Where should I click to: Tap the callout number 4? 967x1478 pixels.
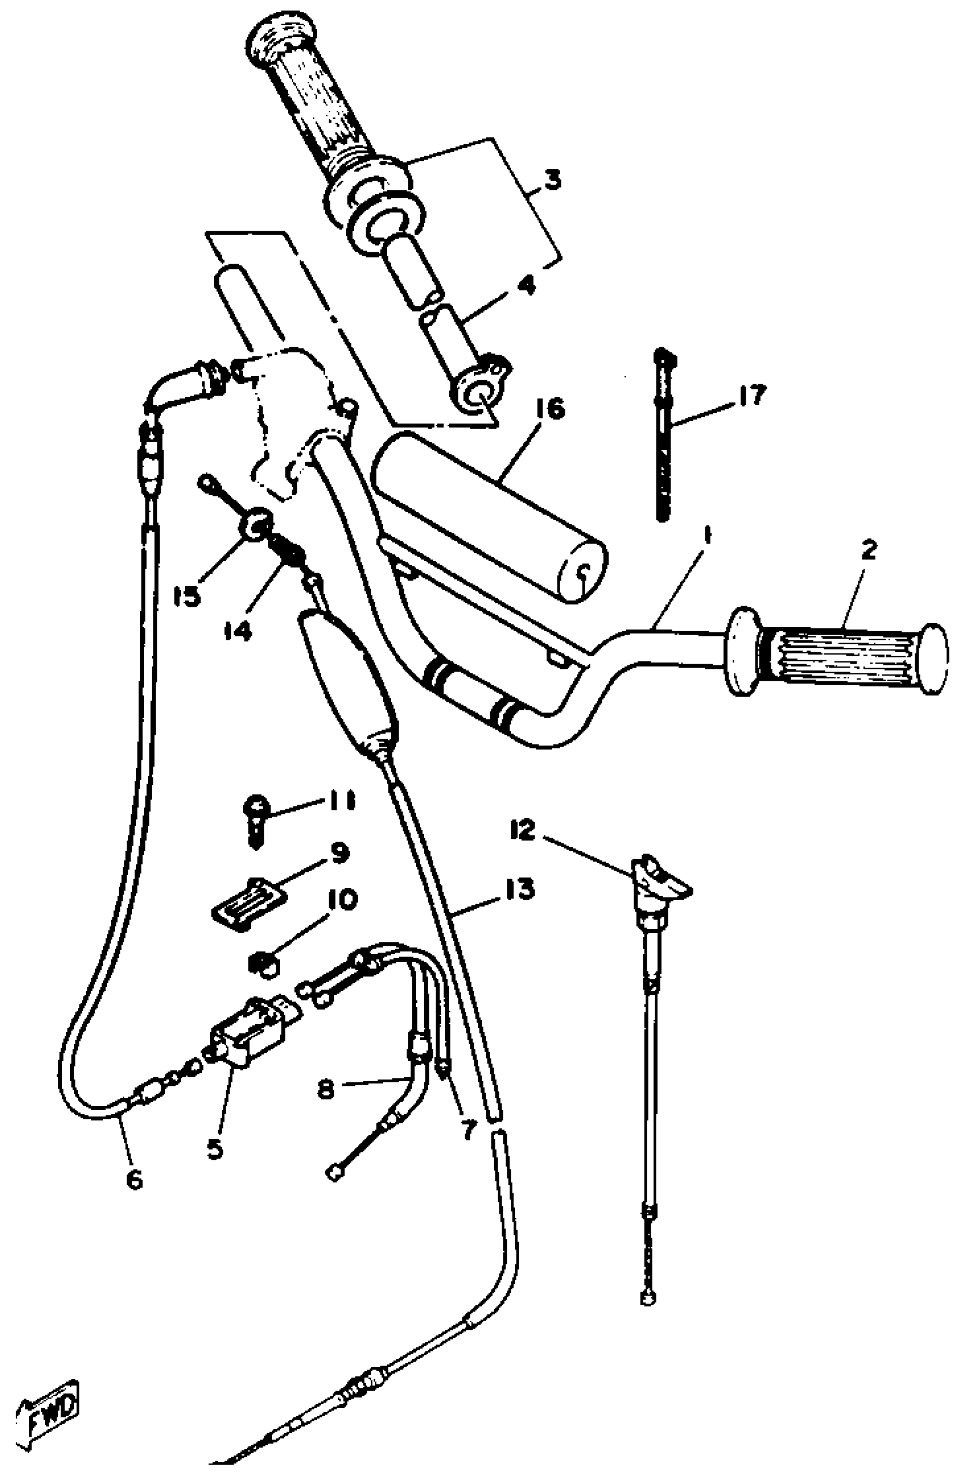pyautogui.click(x=526, y=286)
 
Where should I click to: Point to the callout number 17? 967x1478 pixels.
pyautogui.click(x=753, y=395)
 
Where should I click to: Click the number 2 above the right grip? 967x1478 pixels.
pyautogui.click(x=868, y=550)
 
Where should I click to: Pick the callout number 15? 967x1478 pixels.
pyautogui.click(x=187, y=596)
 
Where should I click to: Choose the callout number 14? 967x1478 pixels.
pyautogui.click(x=237, y=631)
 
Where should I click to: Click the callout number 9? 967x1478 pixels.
pyautogui.click(x=338, y=854)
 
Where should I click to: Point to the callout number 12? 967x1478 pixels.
pyautogui.click(x=523, y=830)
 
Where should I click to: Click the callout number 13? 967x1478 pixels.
pyautogui.click(x=519, y=890)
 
